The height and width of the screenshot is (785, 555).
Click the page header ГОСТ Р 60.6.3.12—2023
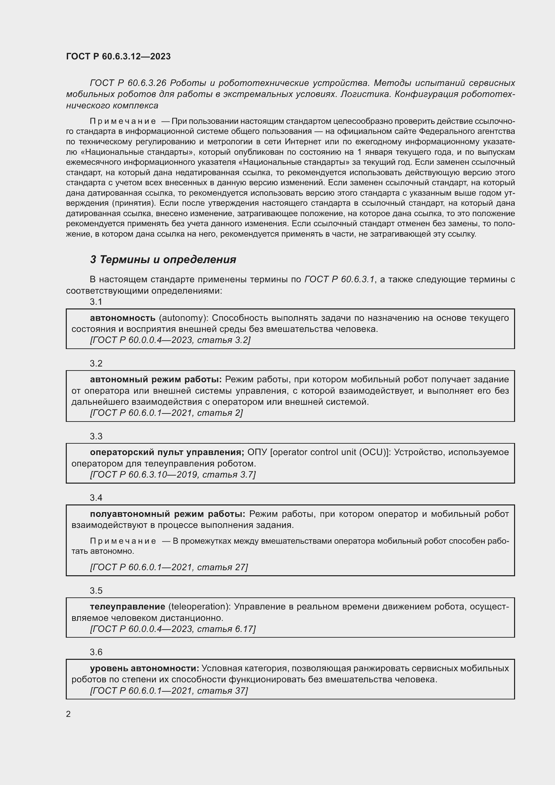tap(118, 56)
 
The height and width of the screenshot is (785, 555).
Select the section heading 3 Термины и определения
tap(163, 259)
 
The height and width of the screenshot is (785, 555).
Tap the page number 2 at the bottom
tap(68, 714)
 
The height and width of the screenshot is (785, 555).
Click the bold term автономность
tap(122, 318)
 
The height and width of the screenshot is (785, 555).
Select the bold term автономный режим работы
tap(156, 380)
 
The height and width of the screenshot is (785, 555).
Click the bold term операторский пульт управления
tap(167, 452)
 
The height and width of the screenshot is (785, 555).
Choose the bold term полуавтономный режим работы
tap(167, 514)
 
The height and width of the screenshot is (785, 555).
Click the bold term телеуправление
tap(128, 606)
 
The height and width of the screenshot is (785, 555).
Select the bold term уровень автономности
tap(144, 668)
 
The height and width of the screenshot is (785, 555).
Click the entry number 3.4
tap(96, 498)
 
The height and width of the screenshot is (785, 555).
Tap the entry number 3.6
tap(96, 652)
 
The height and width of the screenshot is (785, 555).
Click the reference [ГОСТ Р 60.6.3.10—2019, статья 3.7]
tap(172, 475)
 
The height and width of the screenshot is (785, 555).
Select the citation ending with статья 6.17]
tap(172, 629)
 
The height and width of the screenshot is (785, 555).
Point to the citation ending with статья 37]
tap(169, 690)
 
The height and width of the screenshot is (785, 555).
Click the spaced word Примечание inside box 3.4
tap(123, 541)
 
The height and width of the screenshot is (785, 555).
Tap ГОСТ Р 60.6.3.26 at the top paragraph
tap(128, 83)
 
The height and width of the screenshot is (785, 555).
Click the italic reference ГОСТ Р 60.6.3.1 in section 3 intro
tap(340, 280)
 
